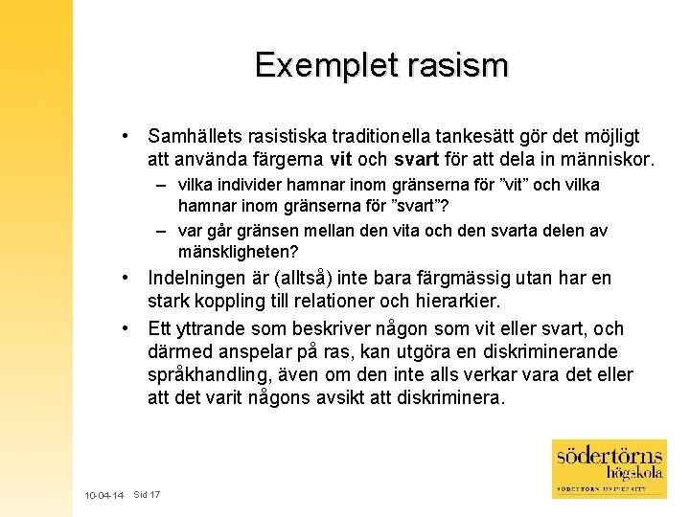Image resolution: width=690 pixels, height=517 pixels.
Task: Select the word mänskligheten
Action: point(239,252)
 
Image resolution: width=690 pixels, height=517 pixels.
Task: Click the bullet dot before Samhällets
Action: point(126,137)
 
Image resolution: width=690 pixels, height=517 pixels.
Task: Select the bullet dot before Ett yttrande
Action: point(126,327)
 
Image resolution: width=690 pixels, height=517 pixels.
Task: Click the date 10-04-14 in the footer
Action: point(103,496)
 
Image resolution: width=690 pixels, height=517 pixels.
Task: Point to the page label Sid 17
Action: point(147,495)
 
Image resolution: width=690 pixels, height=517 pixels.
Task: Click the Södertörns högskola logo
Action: point(609,468)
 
